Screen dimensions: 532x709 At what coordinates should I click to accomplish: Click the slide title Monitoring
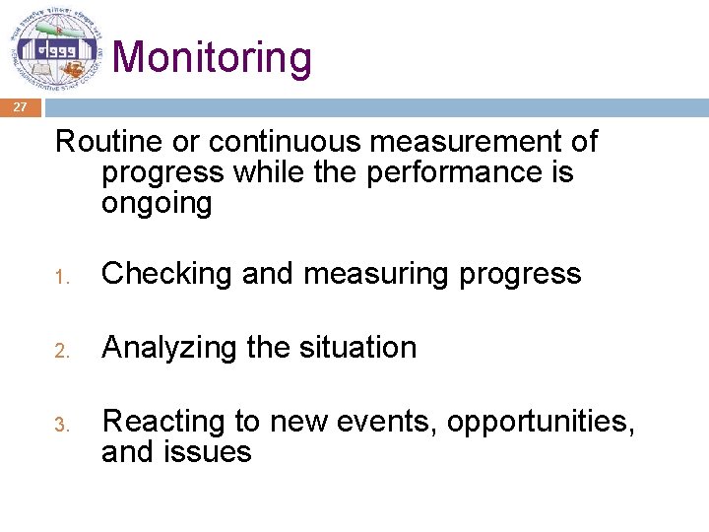[x=213, y=57]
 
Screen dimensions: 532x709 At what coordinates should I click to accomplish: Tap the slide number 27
[x=21, y=108]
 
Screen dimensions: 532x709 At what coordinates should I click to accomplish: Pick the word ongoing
[x=156, y=204]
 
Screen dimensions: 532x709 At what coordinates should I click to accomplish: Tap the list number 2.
[x=61, y=350]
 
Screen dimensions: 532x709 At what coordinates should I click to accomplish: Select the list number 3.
[x=61, y=425]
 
